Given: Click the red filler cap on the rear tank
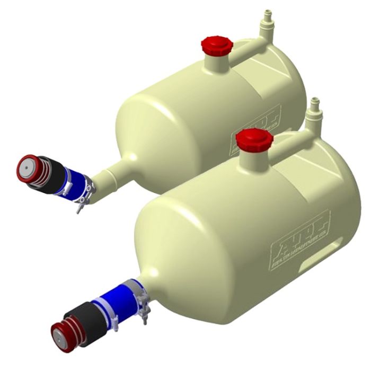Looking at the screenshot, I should (216, 45).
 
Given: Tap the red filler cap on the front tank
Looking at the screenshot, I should (254, 139).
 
